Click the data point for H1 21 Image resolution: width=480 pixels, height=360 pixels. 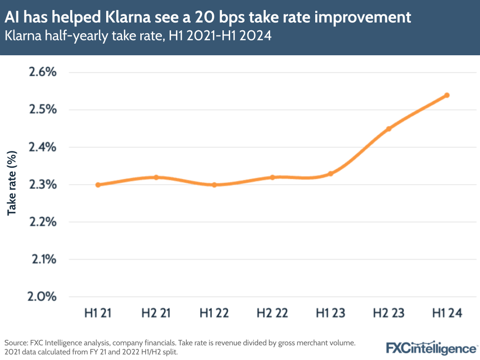coord(98,185)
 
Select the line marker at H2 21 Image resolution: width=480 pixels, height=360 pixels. coord(156,177)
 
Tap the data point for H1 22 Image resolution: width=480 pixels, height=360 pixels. coord(214,185)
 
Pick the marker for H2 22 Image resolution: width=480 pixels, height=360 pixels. coord(272,177)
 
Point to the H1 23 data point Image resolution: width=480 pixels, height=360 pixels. coord(331,174)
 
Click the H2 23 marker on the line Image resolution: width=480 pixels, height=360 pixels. coord(389,129)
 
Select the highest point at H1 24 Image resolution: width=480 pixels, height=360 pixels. coord(447,95)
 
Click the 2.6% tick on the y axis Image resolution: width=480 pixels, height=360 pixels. coord(42,73)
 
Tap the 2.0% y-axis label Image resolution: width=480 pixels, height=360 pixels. coord(42,297)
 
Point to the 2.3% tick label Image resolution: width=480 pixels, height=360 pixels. coord(42,185)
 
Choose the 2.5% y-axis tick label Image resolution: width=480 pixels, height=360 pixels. coord(42,110)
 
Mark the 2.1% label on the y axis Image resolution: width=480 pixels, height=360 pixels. coord(42,260)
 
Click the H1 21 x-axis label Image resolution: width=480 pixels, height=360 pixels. coord(98,313)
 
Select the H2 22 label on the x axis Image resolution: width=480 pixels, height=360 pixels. coord(272,313)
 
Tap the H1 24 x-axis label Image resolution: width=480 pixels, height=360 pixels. coord(447,313)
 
